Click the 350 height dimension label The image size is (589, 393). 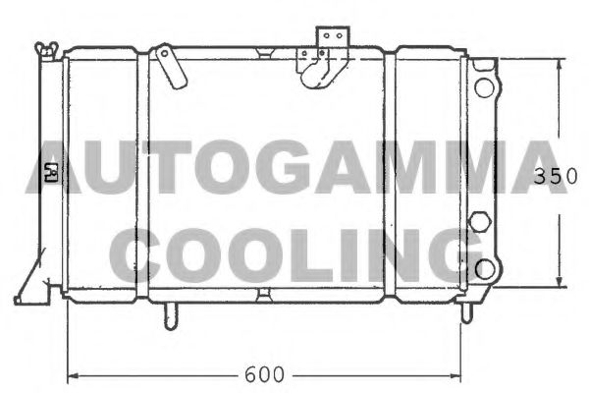552,177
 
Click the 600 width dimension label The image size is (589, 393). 264,374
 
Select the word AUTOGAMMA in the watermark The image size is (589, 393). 294,169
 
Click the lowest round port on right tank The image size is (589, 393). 483,267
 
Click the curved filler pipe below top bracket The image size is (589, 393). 318,71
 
